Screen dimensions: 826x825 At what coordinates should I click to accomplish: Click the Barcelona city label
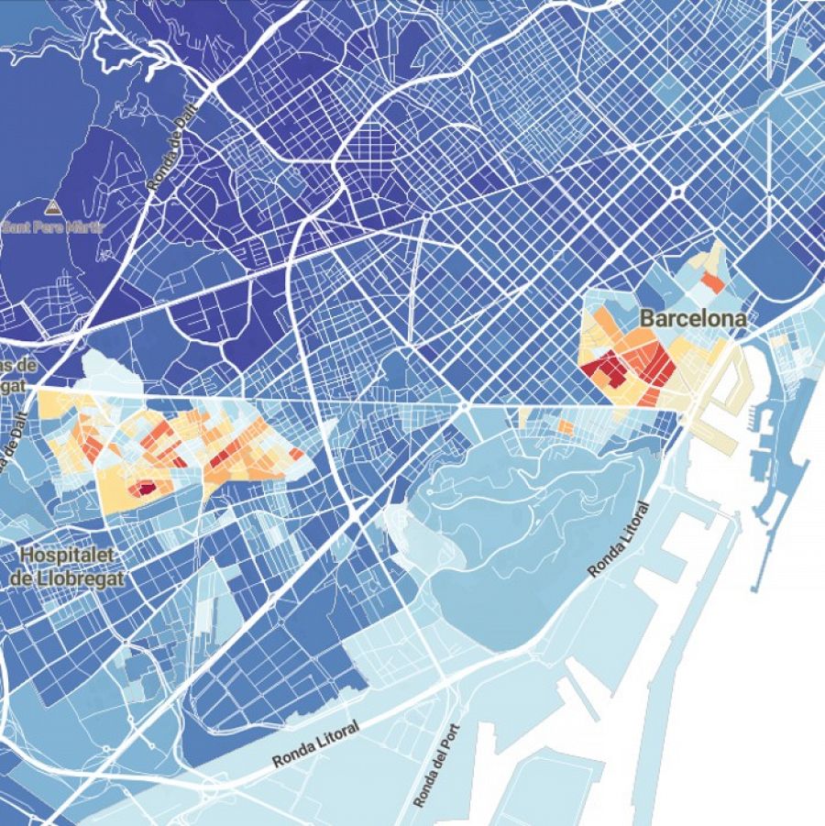point(692,319)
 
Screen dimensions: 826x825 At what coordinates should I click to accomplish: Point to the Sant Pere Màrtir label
point(53,226)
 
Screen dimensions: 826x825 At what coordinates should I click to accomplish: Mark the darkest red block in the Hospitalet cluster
point(142,490)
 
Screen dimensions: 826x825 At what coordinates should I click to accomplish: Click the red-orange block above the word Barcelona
point(713,282)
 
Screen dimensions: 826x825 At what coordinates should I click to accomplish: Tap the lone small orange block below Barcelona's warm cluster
point(566,427)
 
